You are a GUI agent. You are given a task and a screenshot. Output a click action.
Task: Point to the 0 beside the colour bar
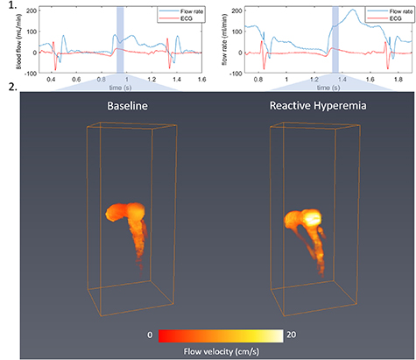(x=150, y=335)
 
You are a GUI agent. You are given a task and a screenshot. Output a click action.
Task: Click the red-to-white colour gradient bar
(x=214, y=335)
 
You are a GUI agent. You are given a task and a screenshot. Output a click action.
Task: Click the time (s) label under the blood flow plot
(x=109, y=88)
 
